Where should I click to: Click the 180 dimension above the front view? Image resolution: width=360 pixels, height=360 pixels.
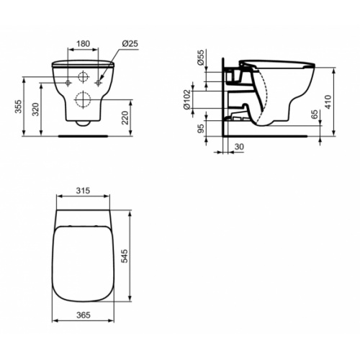tap(84, 43)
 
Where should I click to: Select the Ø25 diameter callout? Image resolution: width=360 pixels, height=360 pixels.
tap(130, 43)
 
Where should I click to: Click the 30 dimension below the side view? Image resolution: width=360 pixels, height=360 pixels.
tap(239, 147)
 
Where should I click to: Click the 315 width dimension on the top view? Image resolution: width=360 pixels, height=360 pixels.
tap(84, 191)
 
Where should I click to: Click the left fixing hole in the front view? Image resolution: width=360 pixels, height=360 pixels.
tap(68, 84)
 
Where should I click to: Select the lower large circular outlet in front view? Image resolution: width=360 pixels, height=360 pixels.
tap(84, 99)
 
